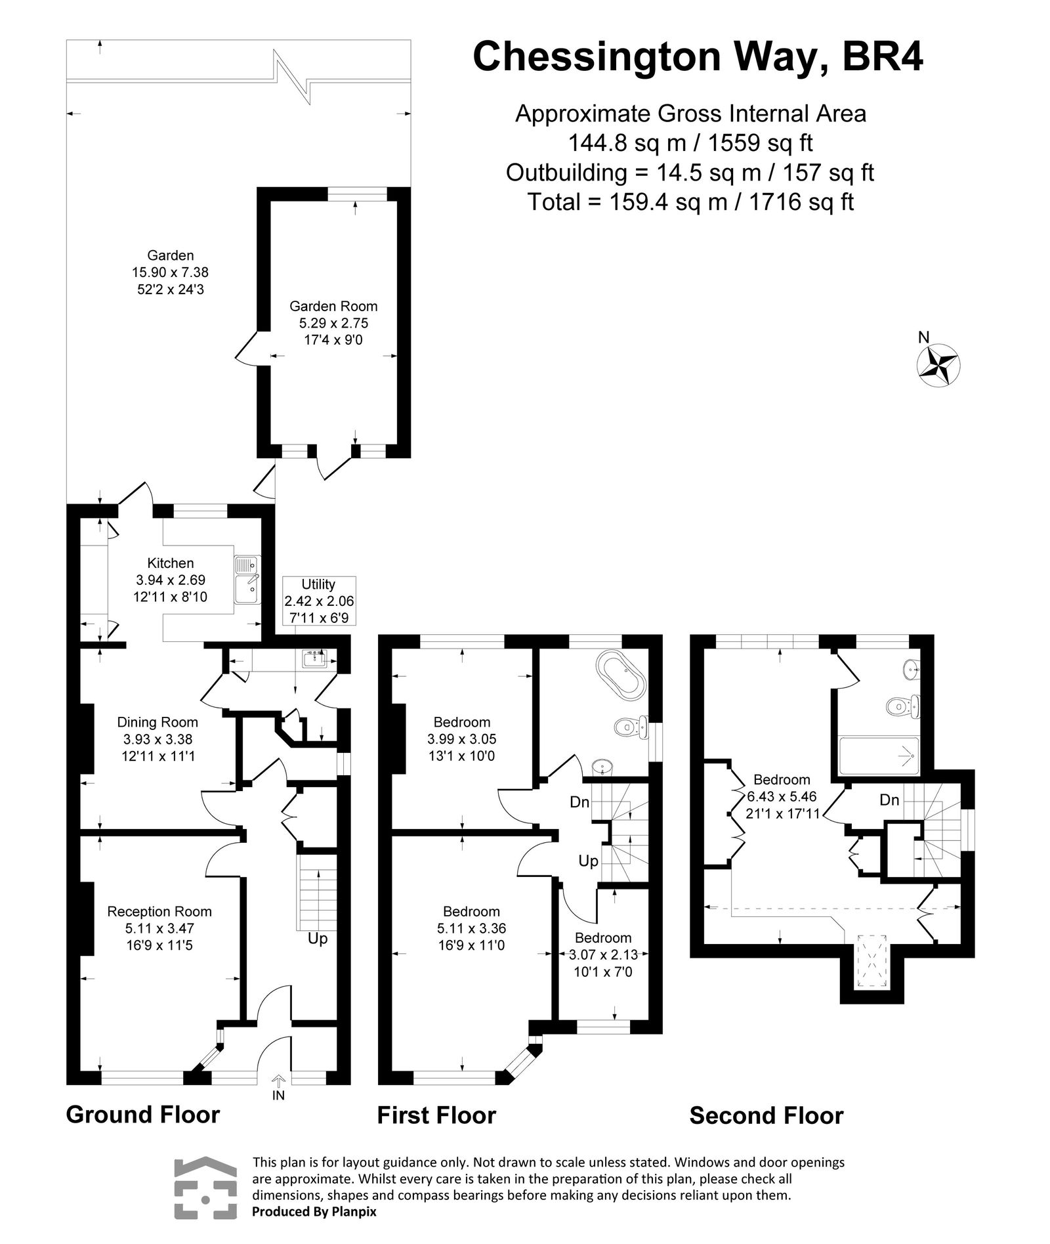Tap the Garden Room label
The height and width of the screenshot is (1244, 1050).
pos(333,306)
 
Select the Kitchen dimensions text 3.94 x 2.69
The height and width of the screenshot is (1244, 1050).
pos(171,580)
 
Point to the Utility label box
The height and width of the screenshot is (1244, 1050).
pos(319,601)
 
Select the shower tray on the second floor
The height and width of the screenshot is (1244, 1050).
pos(879,756)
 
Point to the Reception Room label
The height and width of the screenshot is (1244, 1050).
pos(159,911)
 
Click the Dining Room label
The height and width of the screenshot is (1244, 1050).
pos(157,722)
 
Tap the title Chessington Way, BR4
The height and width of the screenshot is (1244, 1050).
pos(698,56)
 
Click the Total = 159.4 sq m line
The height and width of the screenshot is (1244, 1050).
pos(690,202)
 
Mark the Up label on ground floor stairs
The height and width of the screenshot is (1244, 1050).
pos(318,939)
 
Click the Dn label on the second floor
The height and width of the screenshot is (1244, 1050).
pos(889,800)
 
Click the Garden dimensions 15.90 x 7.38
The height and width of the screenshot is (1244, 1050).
pos(170,272)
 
